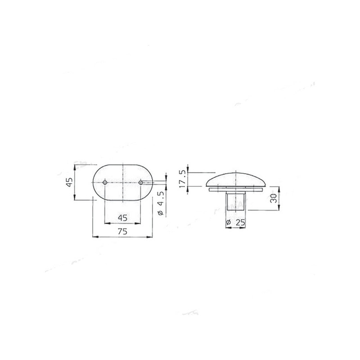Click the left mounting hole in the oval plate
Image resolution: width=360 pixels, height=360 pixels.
coord(105,183)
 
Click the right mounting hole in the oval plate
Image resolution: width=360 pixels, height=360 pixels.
coord(140,183)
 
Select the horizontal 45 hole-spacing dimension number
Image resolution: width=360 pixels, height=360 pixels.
coord(122,217)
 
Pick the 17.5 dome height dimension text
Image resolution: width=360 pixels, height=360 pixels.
coord(183,179)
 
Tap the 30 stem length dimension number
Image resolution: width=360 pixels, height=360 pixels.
coord(273,198)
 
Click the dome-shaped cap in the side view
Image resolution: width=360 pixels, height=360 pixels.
coord(236,180)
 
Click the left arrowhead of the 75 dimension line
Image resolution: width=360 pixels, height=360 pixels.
coord(94,236)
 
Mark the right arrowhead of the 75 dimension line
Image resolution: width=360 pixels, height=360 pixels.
coord(151,236)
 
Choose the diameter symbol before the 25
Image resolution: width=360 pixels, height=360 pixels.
coord(228,222)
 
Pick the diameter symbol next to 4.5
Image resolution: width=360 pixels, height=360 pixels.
coord(161,213)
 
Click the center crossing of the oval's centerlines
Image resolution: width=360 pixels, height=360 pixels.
coord(122,183)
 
